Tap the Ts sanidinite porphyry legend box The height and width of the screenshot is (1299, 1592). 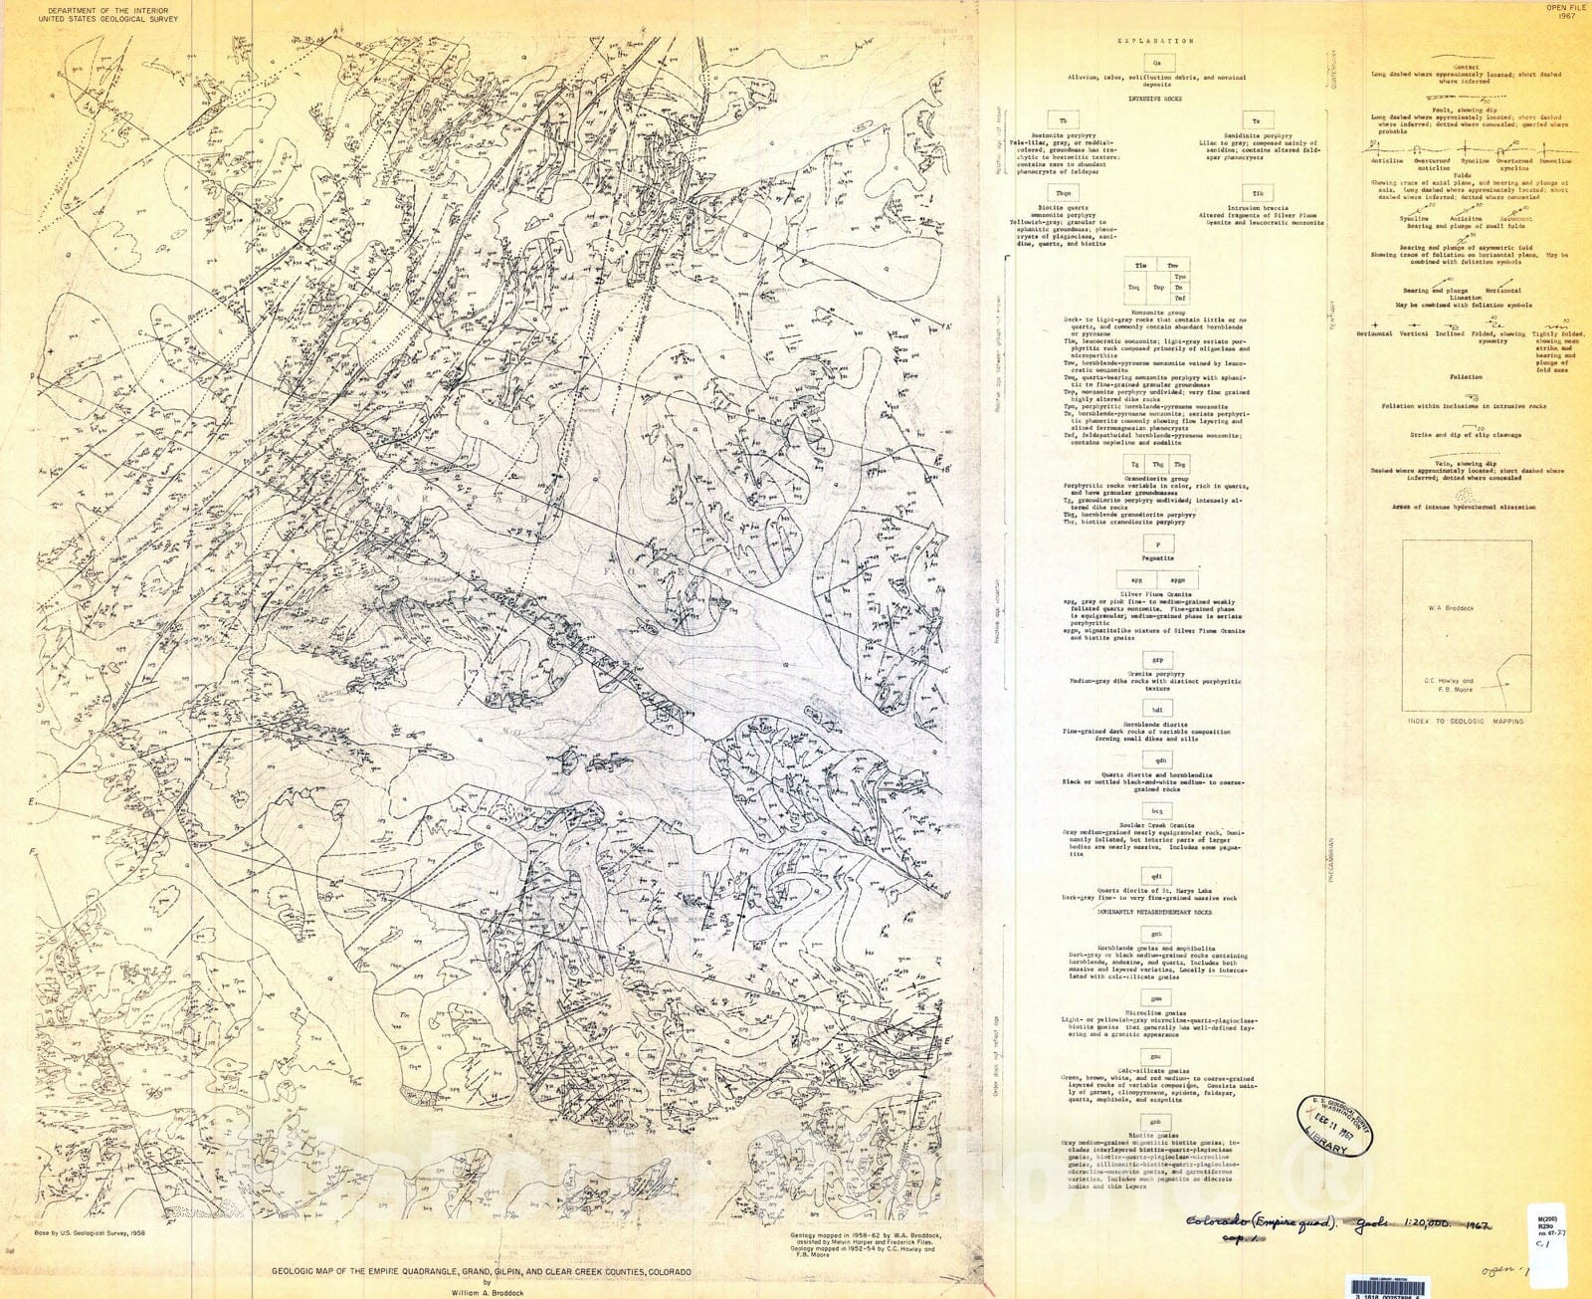click(x=1257, y=120)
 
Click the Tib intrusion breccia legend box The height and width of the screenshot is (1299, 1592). click(x=1257, y=193)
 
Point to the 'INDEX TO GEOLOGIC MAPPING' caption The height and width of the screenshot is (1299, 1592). click(x=1466, y=721)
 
